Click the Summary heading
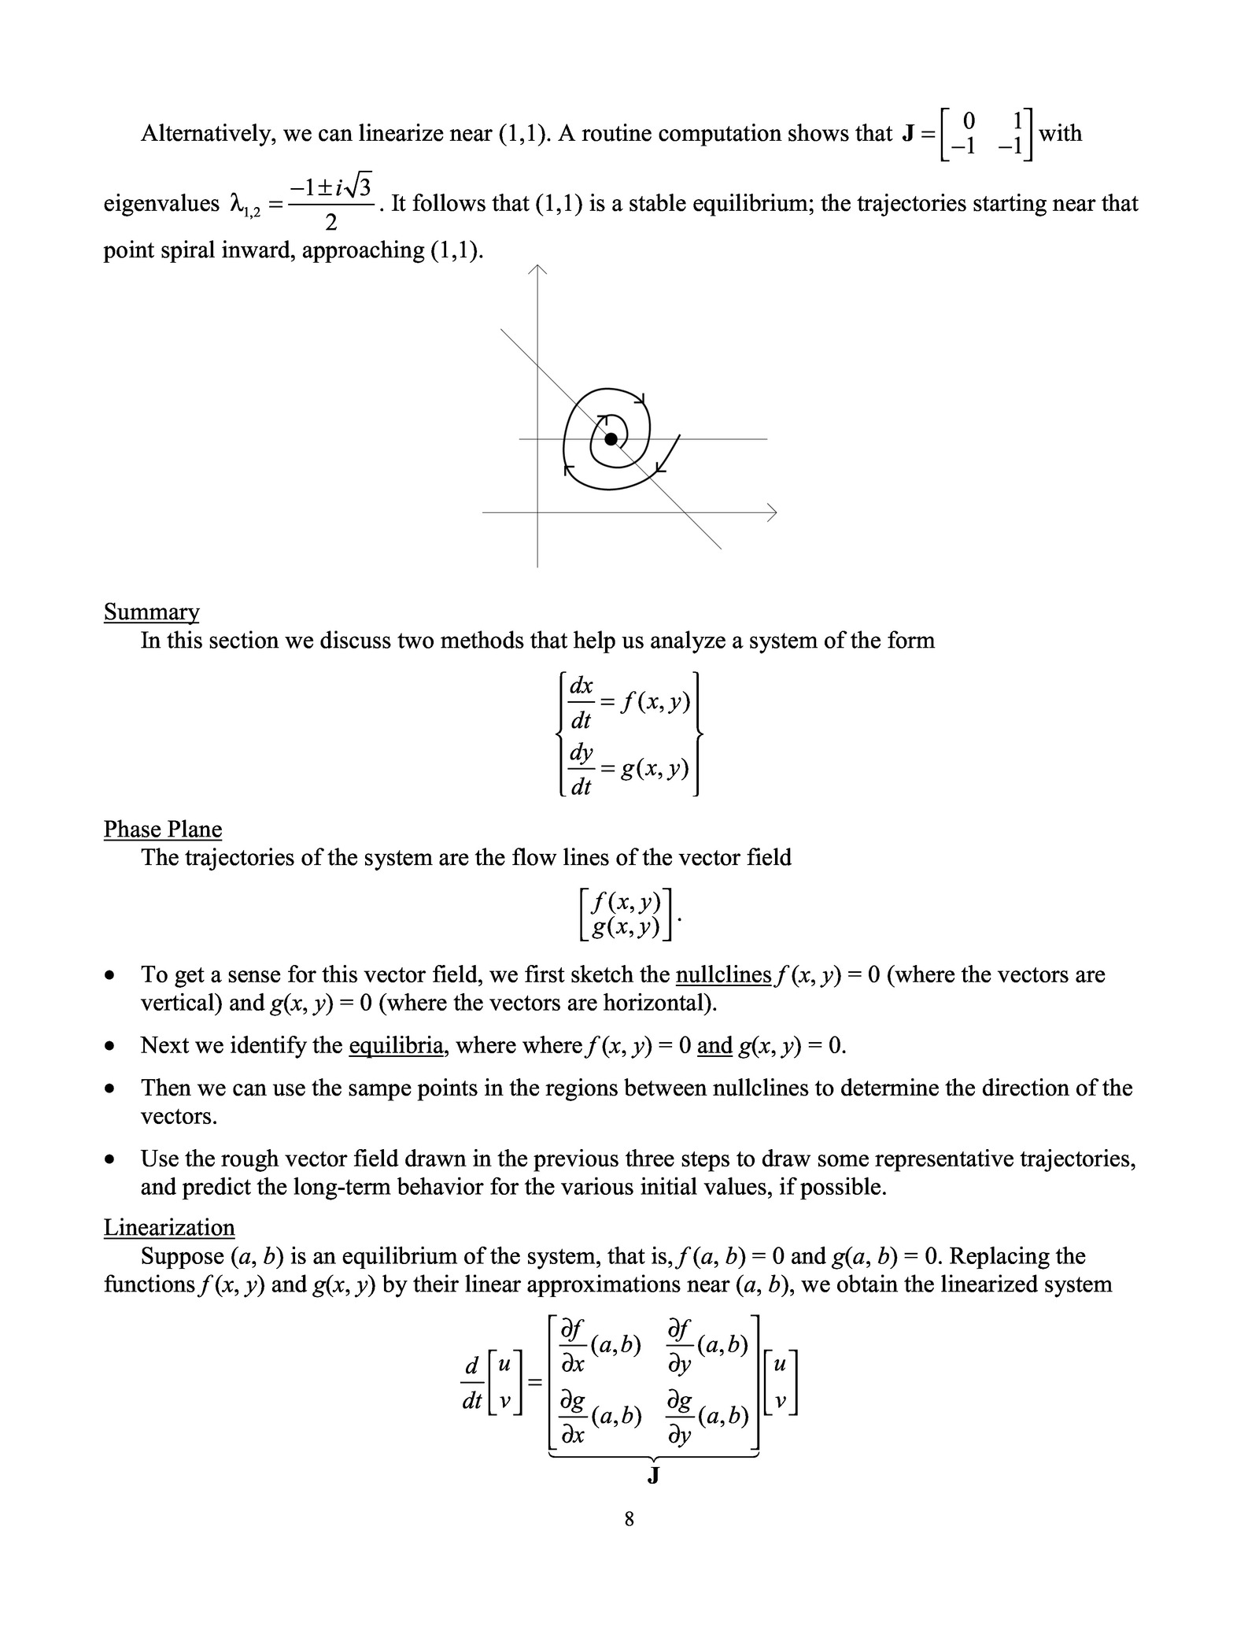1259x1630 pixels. coord(151,612)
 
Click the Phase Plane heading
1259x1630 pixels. coord(162,829)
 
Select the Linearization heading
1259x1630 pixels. coord(169,1227)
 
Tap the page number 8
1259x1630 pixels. coord(629,1519)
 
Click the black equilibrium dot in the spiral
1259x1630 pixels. coord(611,439)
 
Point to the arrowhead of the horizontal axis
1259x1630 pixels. coord(772,512)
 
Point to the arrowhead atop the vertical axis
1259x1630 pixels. coord(537,270)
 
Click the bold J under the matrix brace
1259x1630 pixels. coord(652,1476)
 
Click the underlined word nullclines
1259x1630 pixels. coord(723,974)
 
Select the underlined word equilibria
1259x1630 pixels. coord(396,1045)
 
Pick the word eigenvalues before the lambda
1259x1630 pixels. coord(161,204)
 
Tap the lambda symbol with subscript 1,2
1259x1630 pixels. coord(243,205)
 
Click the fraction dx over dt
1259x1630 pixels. coord(581,702)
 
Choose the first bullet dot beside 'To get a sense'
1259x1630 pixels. coord(113,976)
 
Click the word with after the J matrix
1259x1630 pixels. coord(1060,133)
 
